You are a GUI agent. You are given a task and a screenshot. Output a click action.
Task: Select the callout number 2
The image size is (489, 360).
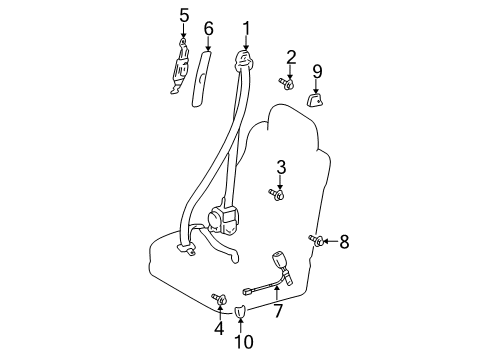click(x=291, y=56)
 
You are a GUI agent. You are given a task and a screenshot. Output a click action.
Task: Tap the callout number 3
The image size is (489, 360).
click(x=281, y=167)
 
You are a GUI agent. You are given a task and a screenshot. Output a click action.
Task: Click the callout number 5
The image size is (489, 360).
click(x=183, y=14)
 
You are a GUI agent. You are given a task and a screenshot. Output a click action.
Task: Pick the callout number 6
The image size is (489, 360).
click(x=208, y=28)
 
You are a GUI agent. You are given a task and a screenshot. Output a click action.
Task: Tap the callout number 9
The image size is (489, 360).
click(x=317, y=70)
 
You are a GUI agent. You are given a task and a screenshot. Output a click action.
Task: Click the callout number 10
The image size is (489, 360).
click(x=240, y=342)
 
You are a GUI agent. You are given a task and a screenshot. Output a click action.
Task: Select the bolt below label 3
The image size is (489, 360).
click(x=277, y=193)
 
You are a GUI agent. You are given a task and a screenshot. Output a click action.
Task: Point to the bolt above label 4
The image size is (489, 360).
click(x=216, y=297)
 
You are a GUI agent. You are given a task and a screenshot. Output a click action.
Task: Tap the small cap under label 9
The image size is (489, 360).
click(x=316, y=97)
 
